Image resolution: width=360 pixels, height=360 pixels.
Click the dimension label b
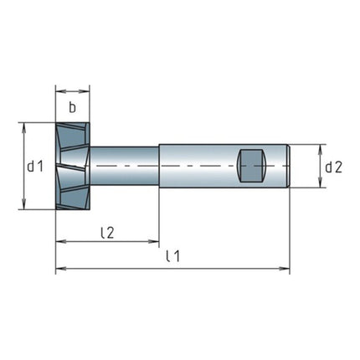click(x=73, y=106)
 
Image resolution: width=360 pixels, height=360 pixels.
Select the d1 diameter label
click(x=34, y=167)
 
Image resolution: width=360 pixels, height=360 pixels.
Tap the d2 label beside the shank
click(x=333, y=167)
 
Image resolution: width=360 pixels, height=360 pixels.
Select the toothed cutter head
click(x=73, y=167)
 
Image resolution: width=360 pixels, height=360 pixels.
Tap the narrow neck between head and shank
click(x=124, y=167)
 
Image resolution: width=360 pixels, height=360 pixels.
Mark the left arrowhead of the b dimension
click(x=59, y=90)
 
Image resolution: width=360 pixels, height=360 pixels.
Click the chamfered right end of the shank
click(x=288, y=167)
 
